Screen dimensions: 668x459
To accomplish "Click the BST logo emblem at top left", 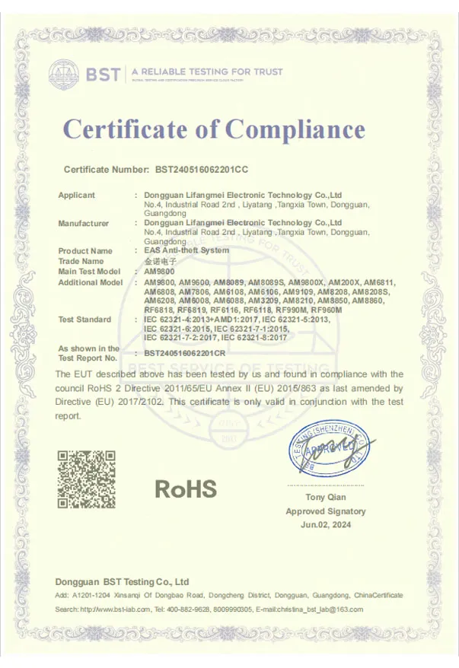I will tap(65, 73).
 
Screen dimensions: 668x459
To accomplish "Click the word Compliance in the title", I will tap(295, 129).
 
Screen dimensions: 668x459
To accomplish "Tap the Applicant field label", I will tap(76, 196).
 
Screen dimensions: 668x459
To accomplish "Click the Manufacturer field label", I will tap(83, 224).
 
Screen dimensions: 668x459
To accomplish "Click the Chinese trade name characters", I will tap(155, 261).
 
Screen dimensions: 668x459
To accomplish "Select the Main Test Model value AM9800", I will tap(159, 271).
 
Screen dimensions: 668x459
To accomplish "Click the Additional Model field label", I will tap(90, 282).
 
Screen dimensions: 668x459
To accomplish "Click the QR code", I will tap(87, 479).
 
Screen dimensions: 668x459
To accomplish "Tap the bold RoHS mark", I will tap(186, 488).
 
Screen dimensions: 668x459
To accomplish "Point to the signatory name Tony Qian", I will tap(325, 497).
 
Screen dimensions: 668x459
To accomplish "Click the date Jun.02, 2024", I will tap(325, 525).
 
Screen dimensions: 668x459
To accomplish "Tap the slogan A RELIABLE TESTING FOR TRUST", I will tap(206, 72).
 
